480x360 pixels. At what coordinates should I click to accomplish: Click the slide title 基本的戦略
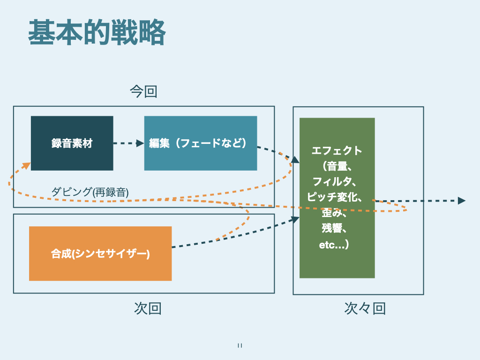tap(97, 33)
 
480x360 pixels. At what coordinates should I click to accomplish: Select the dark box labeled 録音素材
tap(72, 143)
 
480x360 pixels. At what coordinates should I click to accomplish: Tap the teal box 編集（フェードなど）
tap(200, 143)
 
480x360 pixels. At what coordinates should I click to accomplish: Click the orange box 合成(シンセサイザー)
tap(100, 254)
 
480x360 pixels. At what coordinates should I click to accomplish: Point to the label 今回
tap(143, 91)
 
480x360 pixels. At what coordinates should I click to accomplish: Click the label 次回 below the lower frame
tap(148, 308)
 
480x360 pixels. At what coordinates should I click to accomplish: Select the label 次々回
tap(365, 308)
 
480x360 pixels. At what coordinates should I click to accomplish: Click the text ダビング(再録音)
tap(90, 191)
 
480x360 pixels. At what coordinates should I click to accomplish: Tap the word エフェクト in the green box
tap(337, 150)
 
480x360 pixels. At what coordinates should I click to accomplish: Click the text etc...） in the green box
tap(333, 244)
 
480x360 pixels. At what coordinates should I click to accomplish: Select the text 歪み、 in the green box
tap(335, 213)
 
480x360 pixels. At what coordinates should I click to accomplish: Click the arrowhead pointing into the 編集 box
tap(140, 143)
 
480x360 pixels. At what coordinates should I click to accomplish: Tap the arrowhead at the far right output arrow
tap(461, 201)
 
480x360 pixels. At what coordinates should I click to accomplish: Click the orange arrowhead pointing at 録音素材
tap(27, 165)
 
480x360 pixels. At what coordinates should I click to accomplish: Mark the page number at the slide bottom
tap(240, 346)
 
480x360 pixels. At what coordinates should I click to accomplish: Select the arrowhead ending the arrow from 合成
tap(295, 218)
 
